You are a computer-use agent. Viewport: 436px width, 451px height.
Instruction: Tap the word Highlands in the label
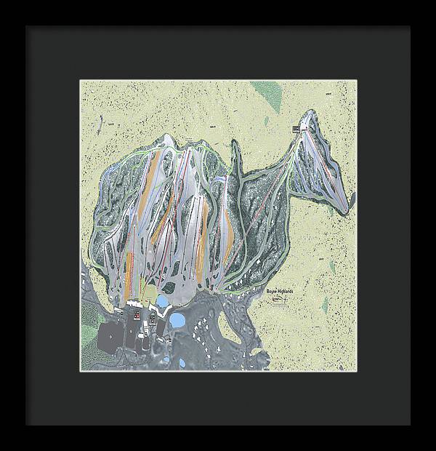pos(287,290)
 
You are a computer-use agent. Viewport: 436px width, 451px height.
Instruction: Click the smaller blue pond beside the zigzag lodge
pos(163,300)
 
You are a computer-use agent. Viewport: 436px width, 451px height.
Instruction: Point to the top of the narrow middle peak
pos(235,141)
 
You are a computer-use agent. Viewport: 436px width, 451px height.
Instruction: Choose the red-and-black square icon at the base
pos(135,316)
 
